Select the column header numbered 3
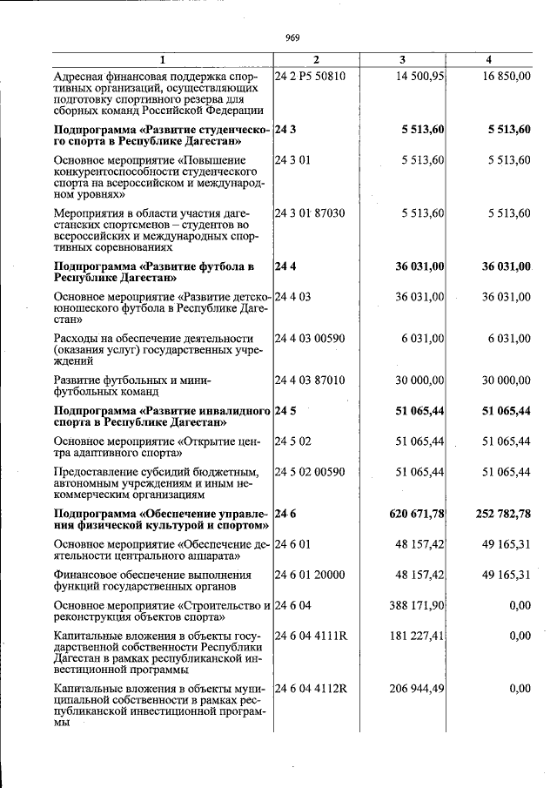(401, 59)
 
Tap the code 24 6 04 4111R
(311, 636)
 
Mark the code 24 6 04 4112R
(311, 689)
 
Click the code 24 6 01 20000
(310, 575)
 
